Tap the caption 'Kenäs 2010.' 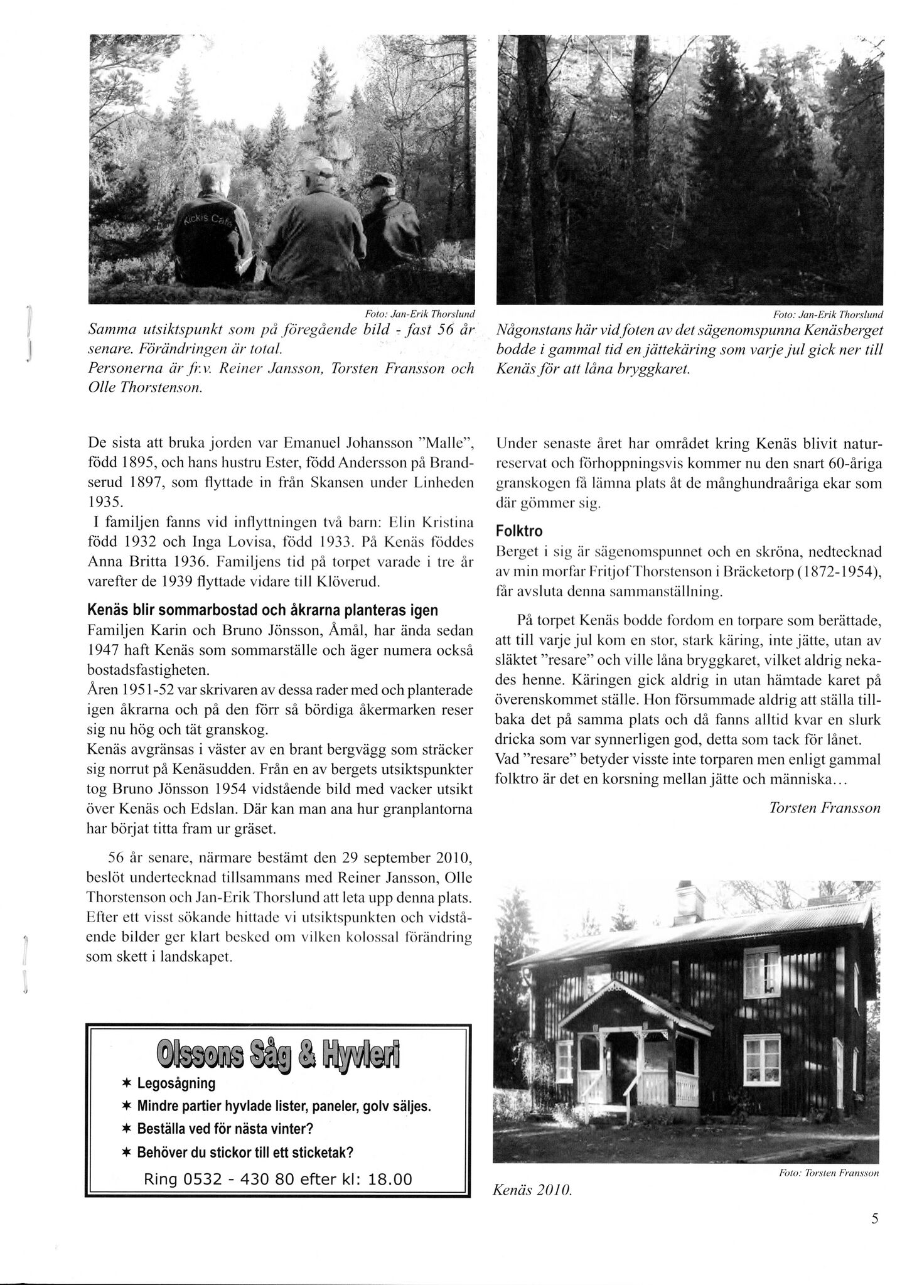point(532,1190)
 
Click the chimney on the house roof point(689,899)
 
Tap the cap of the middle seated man point(317,167)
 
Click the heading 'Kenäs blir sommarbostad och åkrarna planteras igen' point(262,610)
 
